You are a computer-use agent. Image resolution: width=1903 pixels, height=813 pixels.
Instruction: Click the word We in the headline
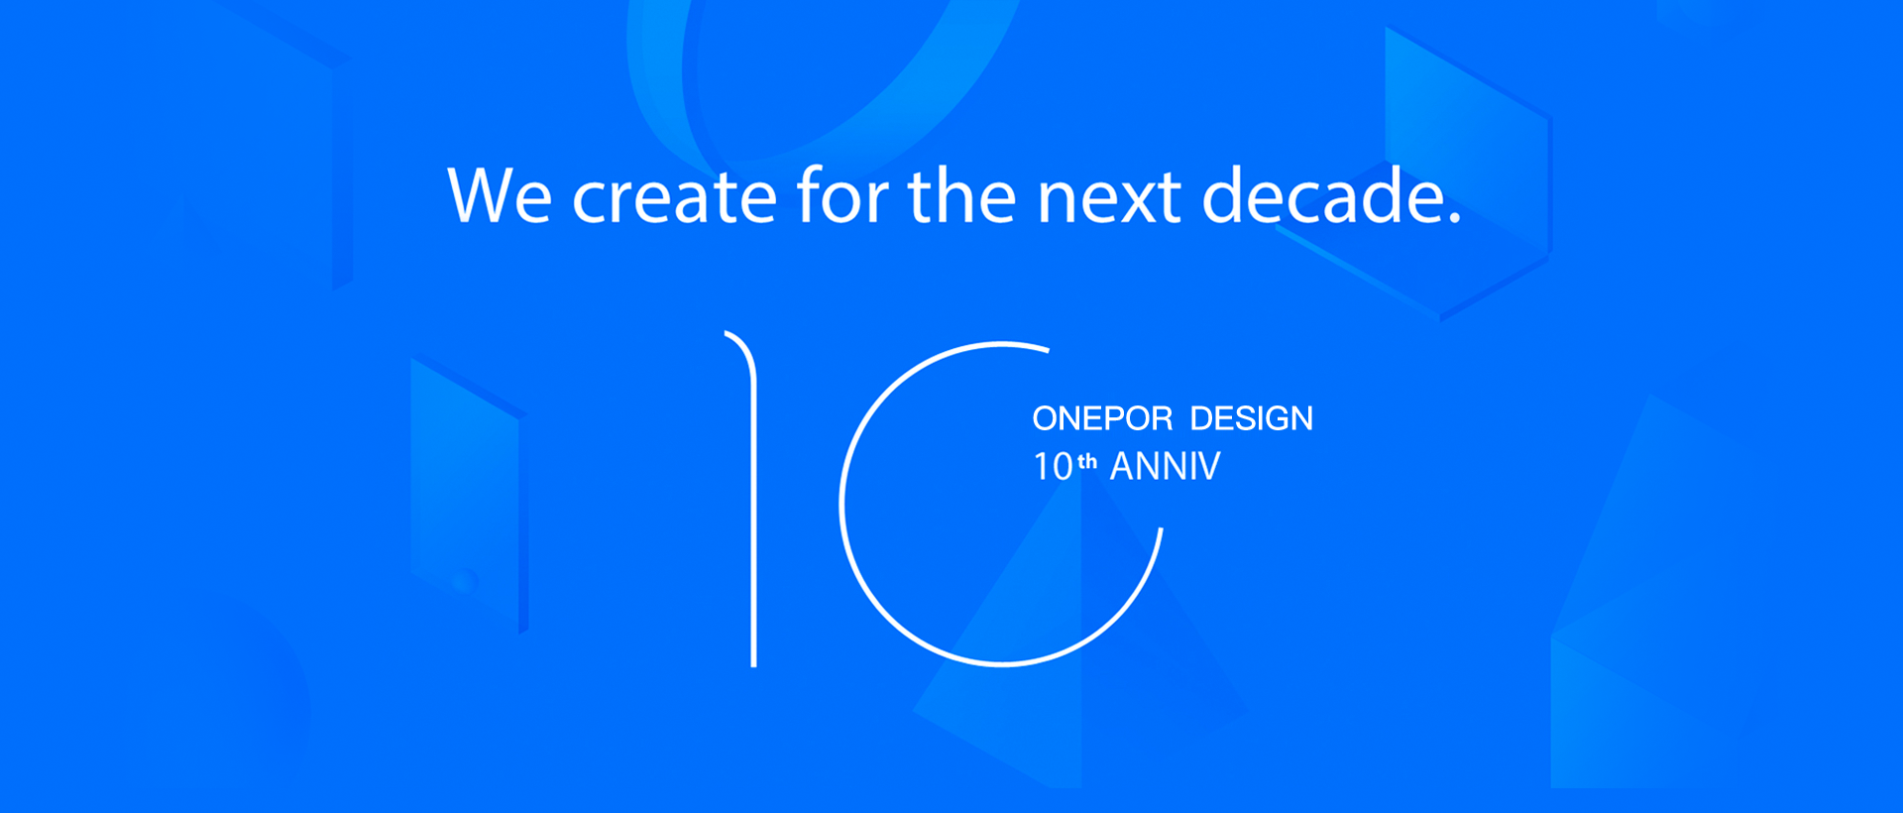[500, 195]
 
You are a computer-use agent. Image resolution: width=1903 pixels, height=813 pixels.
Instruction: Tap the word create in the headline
[674, 195]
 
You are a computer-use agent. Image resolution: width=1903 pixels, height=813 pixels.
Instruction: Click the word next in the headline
[1109, 197]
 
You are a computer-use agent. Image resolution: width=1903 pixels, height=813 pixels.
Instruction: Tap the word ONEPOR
[1102, 418]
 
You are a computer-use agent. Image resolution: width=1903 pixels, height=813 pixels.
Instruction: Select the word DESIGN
[1251, 418]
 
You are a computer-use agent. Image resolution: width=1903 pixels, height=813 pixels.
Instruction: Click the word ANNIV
[1166, 466]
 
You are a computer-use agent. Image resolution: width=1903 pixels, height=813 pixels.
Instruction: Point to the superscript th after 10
[1087, 461]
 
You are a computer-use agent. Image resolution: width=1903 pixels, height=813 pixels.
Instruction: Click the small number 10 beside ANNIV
[1053, 466]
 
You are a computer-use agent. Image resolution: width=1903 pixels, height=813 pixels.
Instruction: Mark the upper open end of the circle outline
[1048, 349]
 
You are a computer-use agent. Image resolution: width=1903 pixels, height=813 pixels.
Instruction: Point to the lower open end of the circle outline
[1161, 530]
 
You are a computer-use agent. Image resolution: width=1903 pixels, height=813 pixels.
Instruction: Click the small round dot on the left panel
[462, 582]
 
